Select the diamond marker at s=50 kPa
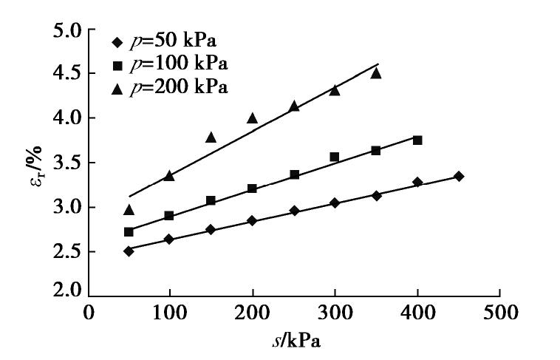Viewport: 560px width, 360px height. (129, 251)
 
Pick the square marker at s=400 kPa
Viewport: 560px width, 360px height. (417, 140)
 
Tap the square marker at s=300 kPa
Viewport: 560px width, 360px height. (335, 157)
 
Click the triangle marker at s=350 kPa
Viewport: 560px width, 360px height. (376, 73)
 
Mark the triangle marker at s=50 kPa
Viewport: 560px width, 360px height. (129, 209)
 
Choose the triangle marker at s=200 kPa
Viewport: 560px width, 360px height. (253, 118)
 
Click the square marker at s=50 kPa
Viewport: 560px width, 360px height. (129, 231)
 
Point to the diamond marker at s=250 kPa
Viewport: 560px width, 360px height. (294, 211)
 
